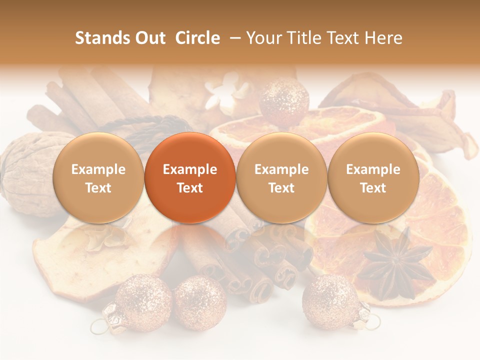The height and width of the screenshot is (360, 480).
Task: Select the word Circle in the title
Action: (x=197, y=38)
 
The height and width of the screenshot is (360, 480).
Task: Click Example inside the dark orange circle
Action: (x=190, y=169)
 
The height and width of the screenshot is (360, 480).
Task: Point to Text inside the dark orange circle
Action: (x=190, y=188)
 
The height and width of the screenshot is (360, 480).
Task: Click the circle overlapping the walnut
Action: (x=98, y=178)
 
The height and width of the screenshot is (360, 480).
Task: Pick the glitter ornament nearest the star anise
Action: (x=330, y=302)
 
